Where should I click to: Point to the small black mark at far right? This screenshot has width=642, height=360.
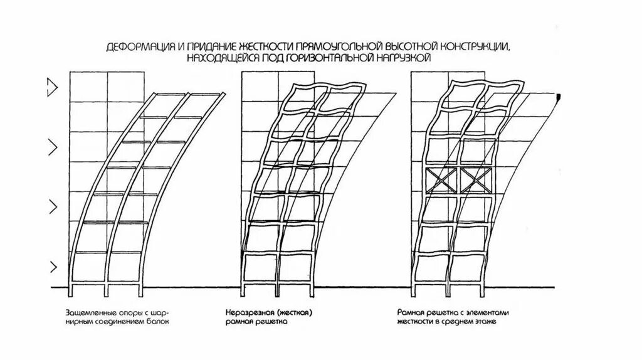[558, 95]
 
